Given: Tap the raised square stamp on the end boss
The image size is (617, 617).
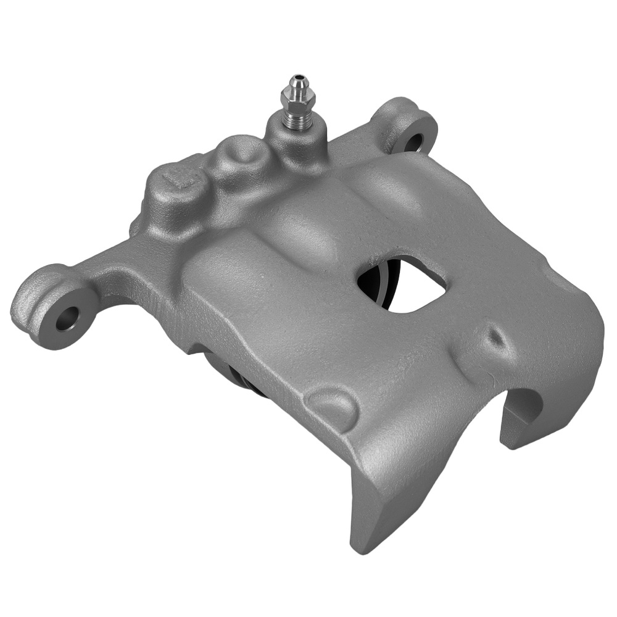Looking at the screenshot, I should [181, 178].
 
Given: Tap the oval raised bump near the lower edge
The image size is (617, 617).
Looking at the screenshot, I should [333, 404].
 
